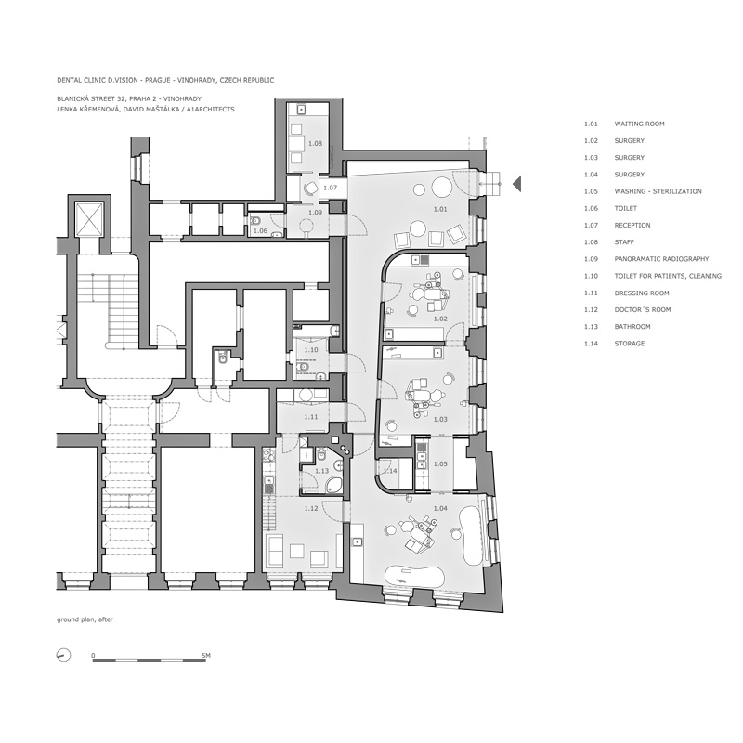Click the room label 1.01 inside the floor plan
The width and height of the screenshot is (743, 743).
coord(439,210)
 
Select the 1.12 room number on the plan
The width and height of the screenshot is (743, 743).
coord(312,508)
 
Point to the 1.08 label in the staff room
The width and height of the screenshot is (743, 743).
coord(315,143)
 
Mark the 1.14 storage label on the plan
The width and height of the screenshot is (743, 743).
coord(391,471)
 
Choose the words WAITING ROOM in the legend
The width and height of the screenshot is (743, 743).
coord(639,124)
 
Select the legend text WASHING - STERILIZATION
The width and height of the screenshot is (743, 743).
coord(658,191)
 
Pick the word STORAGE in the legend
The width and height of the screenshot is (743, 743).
coord(630,344)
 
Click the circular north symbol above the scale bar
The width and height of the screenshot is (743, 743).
coord(62,656)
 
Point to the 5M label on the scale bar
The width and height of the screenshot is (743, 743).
coord(206,656)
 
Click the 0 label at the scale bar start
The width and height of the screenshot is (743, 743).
coord(93,656)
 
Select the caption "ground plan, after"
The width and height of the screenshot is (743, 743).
coord(85,619)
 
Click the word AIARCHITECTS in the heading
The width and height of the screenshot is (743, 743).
coord(208,109)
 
